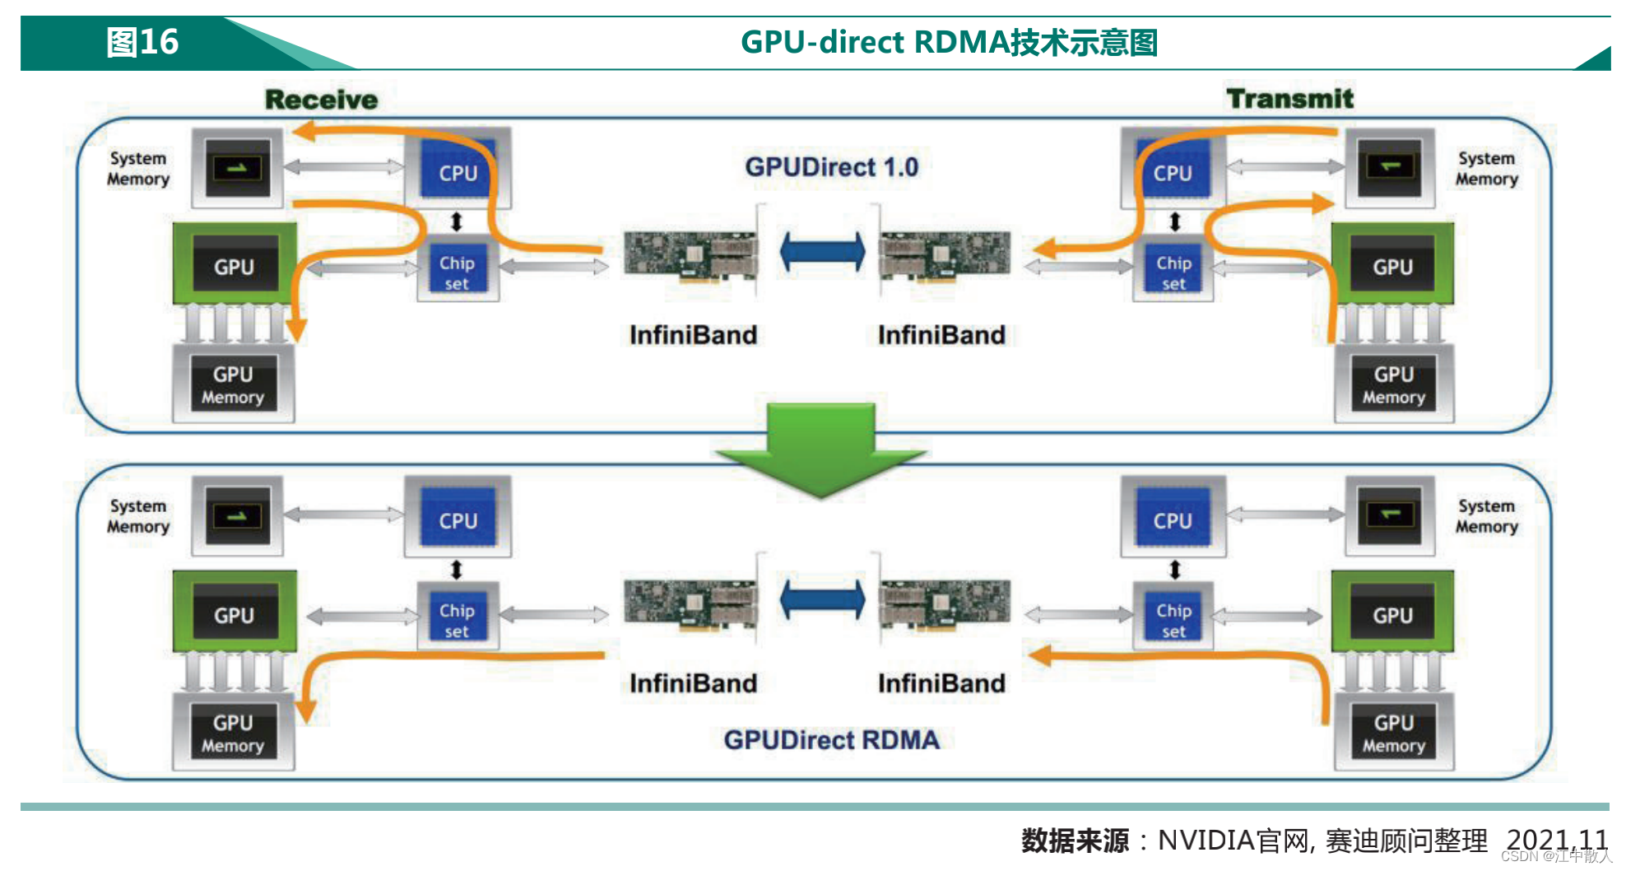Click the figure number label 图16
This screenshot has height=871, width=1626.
(x=142, y=42)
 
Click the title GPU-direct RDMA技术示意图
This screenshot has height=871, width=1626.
(x=949, y=42)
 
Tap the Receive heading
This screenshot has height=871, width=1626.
(x=321, y=100)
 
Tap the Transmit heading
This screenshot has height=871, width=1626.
(x=1289, y=98)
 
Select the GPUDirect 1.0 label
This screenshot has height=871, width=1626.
(x=831, y=167)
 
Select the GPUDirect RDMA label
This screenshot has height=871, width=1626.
(x=831, y=739)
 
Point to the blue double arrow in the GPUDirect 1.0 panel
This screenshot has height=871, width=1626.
(x=822, y=252)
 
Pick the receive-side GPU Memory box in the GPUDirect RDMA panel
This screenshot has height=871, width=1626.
(x=233, y=733)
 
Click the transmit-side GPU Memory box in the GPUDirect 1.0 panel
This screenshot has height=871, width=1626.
(x=1393, y=384)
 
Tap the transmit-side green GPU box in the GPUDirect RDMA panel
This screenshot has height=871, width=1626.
(x=1392, y=613)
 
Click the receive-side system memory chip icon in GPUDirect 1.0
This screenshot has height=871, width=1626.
(x=237, y=168)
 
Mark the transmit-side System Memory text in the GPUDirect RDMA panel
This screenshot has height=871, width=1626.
(x=1486, y=516)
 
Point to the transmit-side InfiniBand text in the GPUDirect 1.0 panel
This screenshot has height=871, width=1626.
(x=941, y=335)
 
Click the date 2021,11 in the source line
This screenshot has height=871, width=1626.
(x=1556, y=840)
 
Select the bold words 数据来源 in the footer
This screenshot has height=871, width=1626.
(x=1075, y=841)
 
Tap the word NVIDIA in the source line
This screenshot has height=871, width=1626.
(x=1206, y=841)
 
